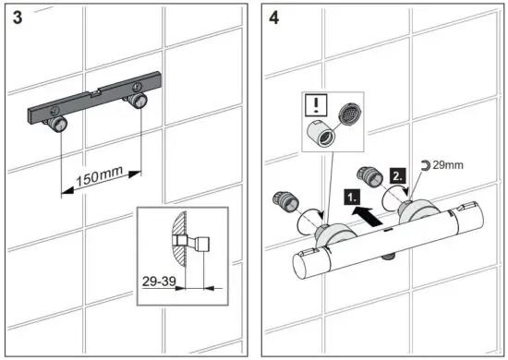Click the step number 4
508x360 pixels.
[x=274, y=19]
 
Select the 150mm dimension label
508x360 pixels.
[x=101, y=176]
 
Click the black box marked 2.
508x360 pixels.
[x=396, y=174]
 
